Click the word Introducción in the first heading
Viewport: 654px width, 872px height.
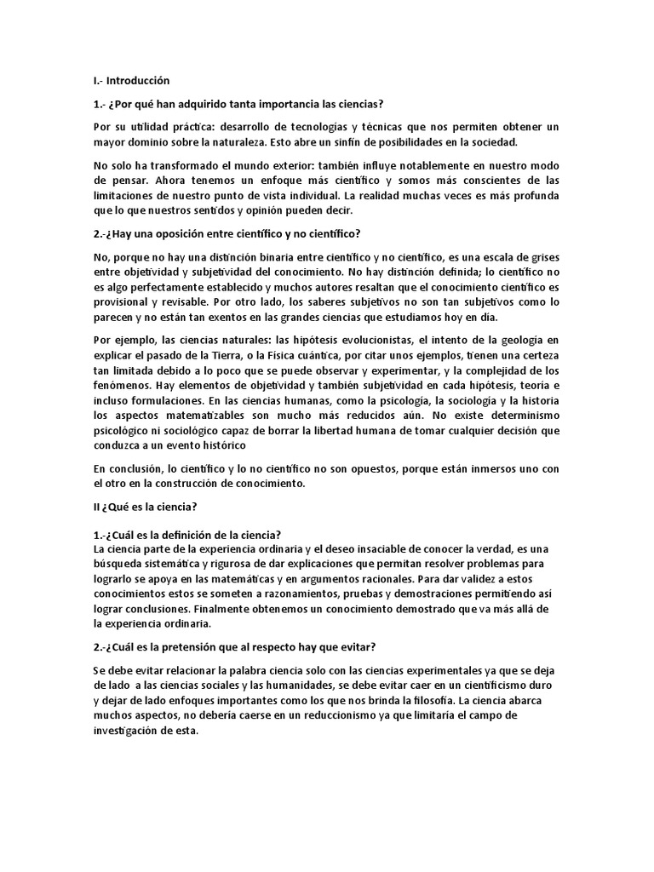tap(139, 81)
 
